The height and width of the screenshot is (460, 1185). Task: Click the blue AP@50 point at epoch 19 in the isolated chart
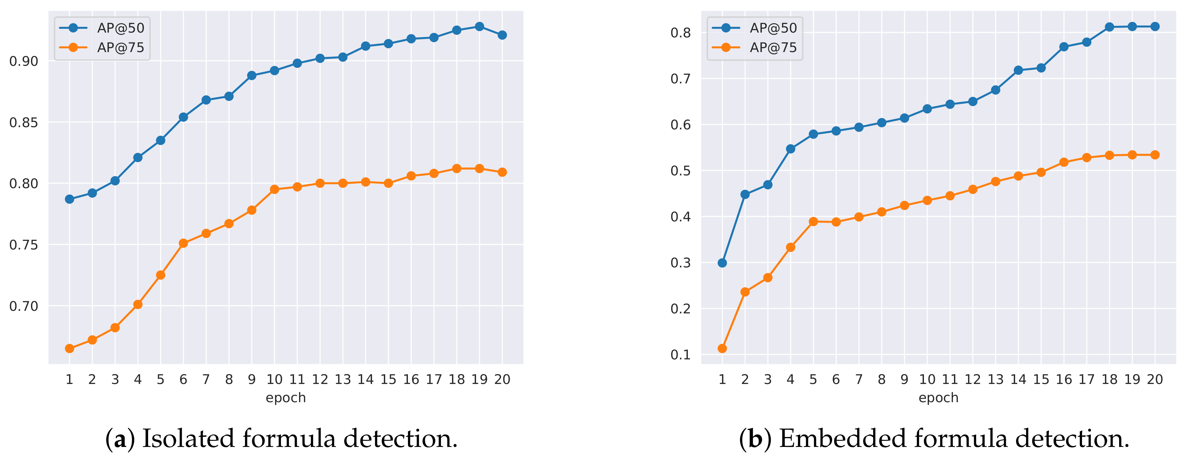click(479, 27)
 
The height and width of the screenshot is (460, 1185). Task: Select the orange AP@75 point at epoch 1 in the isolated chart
click(69, 348)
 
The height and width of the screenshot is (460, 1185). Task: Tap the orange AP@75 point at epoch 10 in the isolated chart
click(274, 189)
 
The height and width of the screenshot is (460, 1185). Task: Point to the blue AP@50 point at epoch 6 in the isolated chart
click(183, 117)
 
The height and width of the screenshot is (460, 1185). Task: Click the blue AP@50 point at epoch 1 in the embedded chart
click(722, 263)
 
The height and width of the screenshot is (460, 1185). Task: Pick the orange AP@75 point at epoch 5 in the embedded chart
click(813, 221)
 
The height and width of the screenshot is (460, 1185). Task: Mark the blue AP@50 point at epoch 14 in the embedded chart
click(1018, 70)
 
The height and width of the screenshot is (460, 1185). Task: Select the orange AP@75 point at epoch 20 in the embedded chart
click(1155, 155)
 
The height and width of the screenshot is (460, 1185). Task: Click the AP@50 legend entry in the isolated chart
click(121, 28)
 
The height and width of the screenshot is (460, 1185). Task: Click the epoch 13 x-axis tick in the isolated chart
click(343, 379)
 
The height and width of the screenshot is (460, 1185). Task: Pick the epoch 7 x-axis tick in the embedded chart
click(859, 379)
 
